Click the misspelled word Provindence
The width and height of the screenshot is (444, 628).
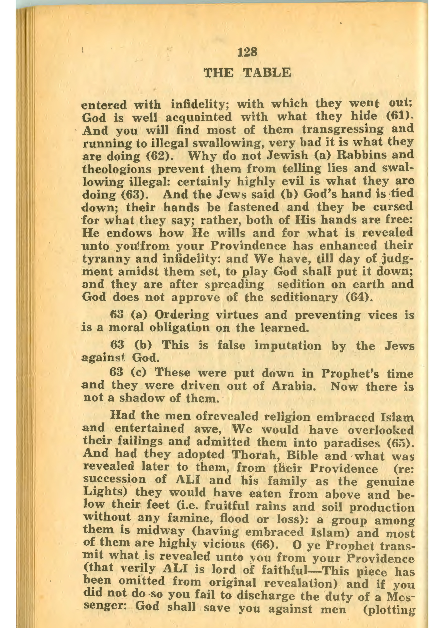click(248, 246)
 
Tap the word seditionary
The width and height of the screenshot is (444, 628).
click(304, 298)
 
